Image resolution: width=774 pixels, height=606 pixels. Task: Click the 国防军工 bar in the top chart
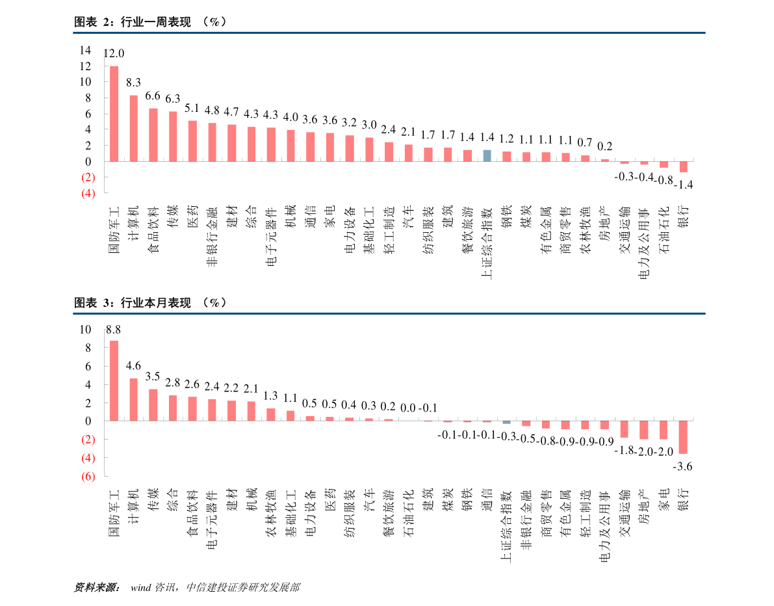(114, 114)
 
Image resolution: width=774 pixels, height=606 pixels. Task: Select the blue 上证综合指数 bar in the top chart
(487, 155)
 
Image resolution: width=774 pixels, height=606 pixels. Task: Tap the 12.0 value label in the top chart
(114, 53)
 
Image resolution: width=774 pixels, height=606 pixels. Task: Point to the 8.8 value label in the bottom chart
(113, 330)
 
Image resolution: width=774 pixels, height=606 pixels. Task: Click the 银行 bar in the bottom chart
(683, 437)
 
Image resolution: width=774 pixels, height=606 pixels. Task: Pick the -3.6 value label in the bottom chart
(682, 466)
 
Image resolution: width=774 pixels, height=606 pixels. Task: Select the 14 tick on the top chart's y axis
(85, 50)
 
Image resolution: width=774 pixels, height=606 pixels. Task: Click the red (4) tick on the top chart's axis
(88, 193)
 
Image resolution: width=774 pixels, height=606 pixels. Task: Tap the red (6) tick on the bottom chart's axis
(88, 476)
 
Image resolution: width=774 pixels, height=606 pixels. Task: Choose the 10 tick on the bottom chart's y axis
(85, 329)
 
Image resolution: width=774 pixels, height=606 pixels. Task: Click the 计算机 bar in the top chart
(133, 128)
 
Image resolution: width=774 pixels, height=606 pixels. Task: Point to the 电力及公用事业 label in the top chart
(643, 244)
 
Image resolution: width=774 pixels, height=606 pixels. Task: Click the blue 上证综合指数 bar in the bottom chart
(506, 422)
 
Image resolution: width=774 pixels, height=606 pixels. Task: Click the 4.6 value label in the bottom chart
(133, 365)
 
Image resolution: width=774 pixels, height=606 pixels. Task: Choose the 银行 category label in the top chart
(683, 217)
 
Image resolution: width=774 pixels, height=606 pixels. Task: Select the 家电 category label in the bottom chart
(664, 500)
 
